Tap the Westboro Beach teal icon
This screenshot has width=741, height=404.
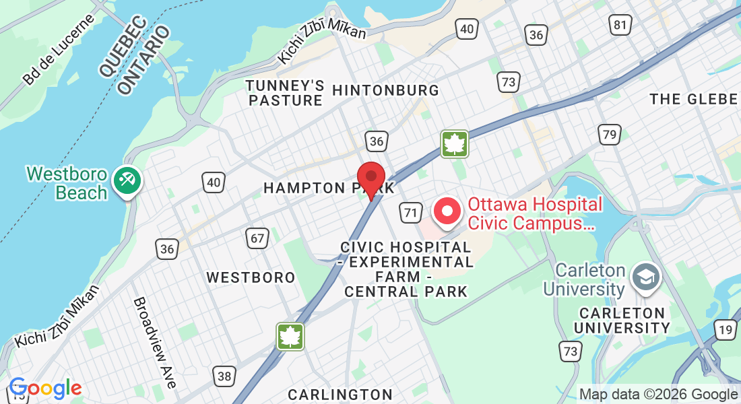[x=126, y=180]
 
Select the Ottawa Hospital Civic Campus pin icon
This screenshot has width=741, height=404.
[x=447, y=211]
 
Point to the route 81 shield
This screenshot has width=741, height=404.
[x=620, y=26]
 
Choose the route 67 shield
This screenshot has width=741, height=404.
[x=257, y=238]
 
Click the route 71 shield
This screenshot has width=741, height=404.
[x=410, y=213]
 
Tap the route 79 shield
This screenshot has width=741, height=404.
[x=610, y=135]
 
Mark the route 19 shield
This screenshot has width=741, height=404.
[x=726, y=330]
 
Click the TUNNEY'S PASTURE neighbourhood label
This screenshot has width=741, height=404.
[x=285, y=94]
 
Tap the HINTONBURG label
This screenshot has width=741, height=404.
[x=386, y=90]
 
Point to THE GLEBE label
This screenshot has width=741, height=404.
[x=694, y=100]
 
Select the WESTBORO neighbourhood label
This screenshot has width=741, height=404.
[x=251, y=277]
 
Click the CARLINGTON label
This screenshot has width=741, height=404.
[x=340, y=394]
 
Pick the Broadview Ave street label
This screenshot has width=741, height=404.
[x=155, y=343]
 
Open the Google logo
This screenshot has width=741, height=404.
[x=45, y=388]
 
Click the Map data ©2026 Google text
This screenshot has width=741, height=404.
[x=658, y=395]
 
